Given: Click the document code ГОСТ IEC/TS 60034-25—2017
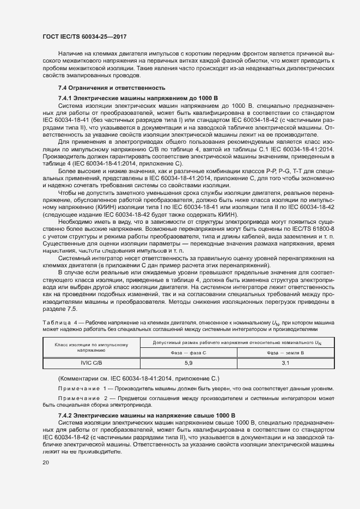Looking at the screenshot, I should [x=81, y=36].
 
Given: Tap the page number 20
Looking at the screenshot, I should [x=45, y=463].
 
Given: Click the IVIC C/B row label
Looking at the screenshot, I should [x=91, y=362].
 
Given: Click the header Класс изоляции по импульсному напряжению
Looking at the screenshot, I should [x=91, y=347].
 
